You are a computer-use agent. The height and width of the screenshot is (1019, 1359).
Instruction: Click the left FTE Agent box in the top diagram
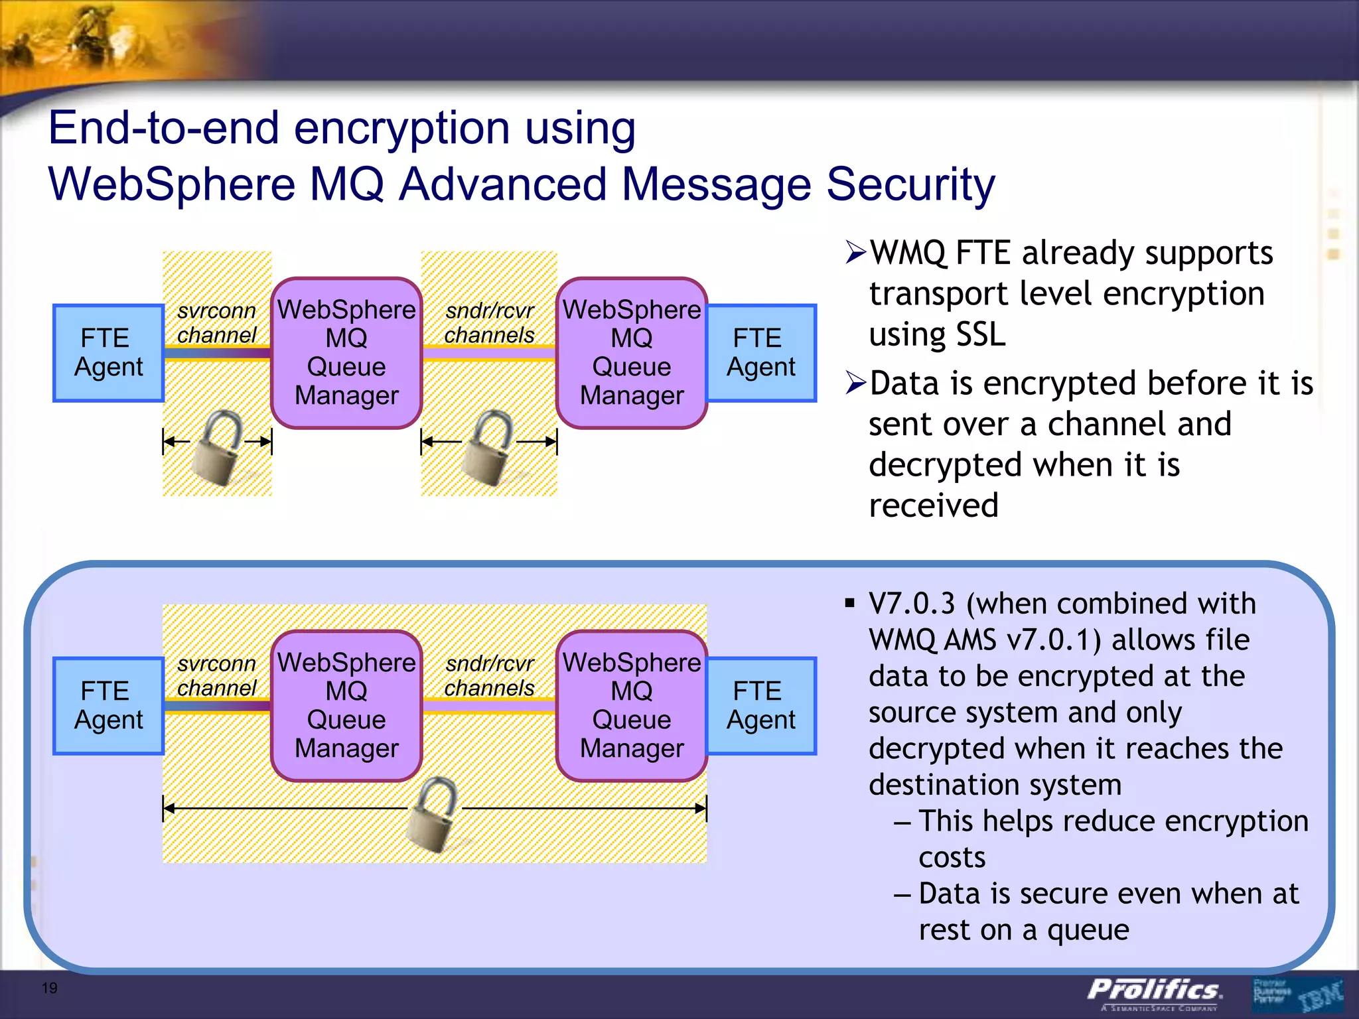click(x=108, y=353)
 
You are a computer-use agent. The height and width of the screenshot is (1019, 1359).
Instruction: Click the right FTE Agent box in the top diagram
click(x=760, y=353)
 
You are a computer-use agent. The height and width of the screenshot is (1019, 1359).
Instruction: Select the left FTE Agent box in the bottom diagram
click(x=108, y=706)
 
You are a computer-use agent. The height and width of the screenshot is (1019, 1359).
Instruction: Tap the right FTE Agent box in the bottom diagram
click(x=760, y=706)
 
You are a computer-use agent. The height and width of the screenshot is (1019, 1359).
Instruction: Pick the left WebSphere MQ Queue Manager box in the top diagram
click(x=346, y=353)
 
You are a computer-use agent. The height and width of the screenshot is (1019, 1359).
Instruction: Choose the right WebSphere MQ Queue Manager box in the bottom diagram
click(x=632, y=706)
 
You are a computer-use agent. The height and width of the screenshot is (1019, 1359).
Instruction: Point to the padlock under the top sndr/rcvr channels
click(x=489, y=447)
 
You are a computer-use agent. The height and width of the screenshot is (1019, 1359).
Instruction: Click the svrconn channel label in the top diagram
click(x=216, y=323)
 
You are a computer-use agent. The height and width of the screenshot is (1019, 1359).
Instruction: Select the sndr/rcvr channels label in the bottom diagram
click(x=489, y=676)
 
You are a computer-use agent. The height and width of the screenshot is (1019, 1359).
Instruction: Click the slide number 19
click(x=50, y=988)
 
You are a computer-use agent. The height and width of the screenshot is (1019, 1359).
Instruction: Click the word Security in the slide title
click(x=910, y=184)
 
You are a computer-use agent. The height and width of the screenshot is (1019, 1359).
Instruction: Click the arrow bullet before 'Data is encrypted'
click(x=855, y=383)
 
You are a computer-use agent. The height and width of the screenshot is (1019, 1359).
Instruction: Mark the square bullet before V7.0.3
click(x=849, y=603)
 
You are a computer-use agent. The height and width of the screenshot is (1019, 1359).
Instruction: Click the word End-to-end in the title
click(x=163, y=128)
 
